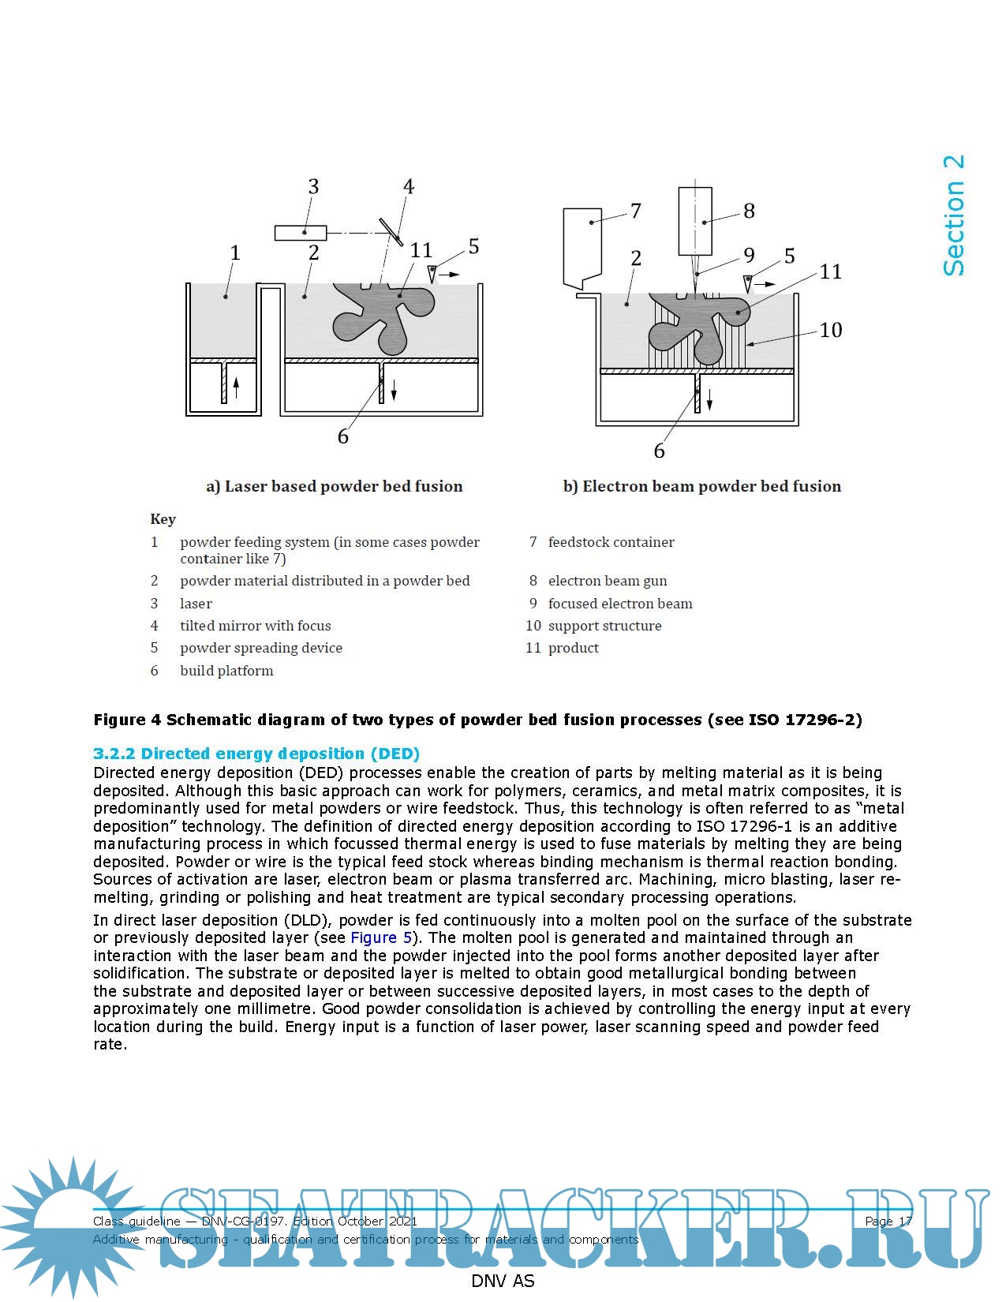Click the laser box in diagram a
(x=301, y=233)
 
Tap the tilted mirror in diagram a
(x=391, y=232)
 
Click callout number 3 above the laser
(x=313, y=187)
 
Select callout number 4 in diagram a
(x=408, y=187)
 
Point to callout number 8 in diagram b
(x=749, y=211)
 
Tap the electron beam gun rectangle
(x=695, y=221)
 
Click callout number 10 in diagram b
(x=831, y=330)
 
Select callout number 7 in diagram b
(x=635, y=211)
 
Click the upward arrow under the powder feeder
(x=236, y=387)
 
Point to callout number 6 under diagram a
(x=343, y=436)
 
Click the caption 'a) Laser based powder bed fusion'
(x=335, y=487)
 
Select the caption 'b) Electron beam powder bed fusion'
(x=702, y=487)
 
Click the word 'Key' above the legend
(x=163, y=519)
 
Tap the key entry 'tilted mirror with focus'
(x=256, y=626)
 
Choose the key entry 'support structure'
(x=604, y=626)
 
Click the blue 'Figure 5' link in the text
(x=381, y=937)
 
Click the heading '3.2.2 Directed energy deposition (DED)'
(x=256, y=754)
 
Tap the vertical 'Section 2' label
(x=954, y=215)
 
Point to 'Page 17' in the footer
(x=888, y=1222)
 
